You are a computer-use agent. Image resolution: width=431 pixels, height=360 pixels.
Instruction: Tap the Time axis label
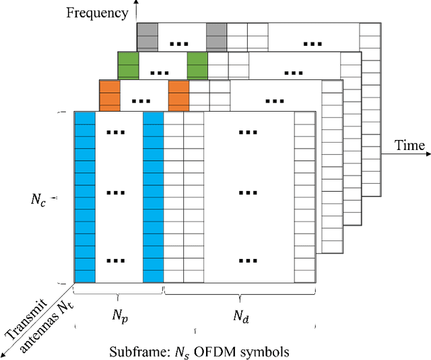click(409, 146)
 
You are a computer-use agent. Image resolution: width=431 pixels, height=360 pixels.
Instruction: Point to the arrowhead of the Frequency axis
click(137, 3)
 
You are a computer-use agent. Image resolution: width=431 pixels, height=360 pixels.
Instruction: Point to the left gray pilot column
click(147, 34)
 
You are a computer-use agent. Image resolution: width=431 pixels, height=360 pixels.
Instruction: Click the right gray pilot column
click(216, 34)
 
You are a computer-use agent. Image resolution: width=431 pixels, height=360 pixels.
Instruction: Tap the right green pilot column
click(197, 63)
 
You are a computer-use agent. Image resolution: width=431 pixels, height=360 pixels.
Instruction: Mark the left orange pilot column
click(109, 94)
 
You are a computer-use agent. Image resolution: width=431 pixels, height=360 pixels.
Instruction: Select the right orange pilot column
click(178, 94)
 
